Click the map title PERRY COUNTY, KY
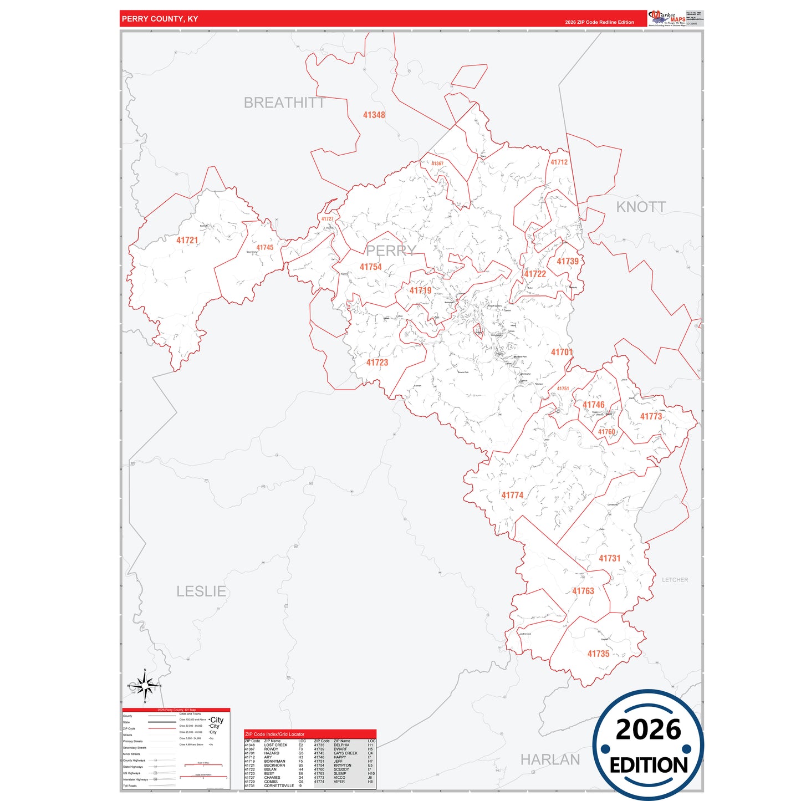160,19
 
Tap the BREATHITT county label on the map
284,103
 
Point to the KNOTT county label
641,207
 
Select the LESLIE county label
201,591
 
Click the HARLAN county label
550,759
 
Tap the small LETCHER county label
675,580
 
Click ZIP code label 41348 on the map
374,115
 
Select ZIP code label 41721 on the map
187,240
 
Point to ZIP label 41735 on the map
598,654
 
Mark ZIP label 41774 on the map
512,495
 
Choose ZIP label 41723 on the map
377,363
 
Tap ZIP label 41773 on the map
651,416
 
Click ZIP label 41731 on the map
609,558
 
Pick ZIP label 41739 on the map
567,261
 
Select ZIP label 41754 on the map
370,267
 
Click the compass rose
145,686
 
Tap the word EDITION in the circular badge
648,766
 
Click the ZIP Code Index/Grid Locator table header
275,734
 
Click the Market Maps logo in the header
666,18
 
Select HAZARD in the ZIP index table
272,753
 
